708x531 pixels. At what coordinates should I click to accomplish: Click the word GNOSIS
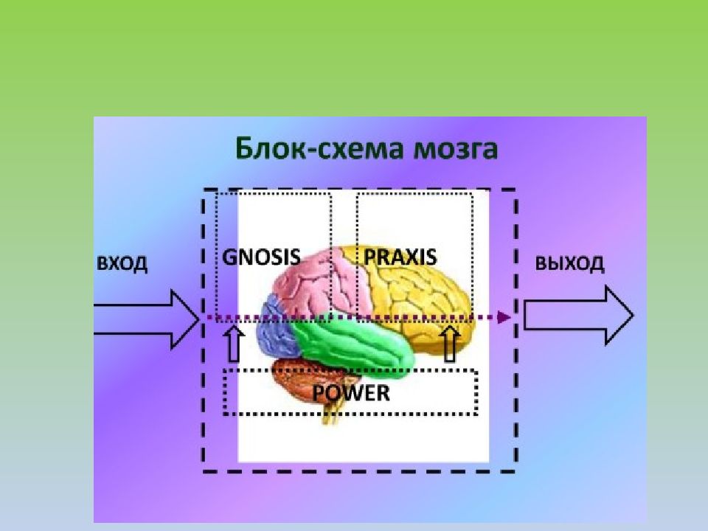point(261,257)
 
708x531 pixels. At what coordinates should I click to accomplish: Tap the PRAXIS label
point(400,257)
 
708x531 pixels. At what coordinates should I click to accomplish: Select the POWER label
point(351,393)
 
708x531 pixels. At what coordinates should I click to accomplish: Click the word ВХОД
point(122,263)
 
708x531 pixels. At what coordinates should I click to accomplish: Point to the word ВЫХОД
point(569,263)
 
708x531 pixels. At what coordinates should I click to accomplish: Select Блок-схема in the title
point(319,148)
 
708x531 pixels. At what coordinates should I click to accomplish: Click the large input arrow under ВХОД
point(147,319)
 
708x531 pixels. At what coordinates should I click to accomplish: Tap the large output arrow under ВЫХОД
point(578,315)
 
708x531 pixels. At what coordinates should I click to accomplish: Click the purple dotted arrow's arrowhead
point(504,317)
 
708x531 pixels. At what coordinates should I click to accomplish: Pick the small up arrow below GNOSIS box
point(234,344)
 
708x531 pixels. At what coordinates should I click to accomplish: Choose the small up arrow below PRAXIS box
point(450,344)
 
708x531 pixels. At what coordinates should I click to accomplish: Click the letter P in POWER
point(319,393)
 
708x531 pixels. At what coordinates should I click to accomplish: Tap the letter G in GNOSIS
point(229,257)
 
